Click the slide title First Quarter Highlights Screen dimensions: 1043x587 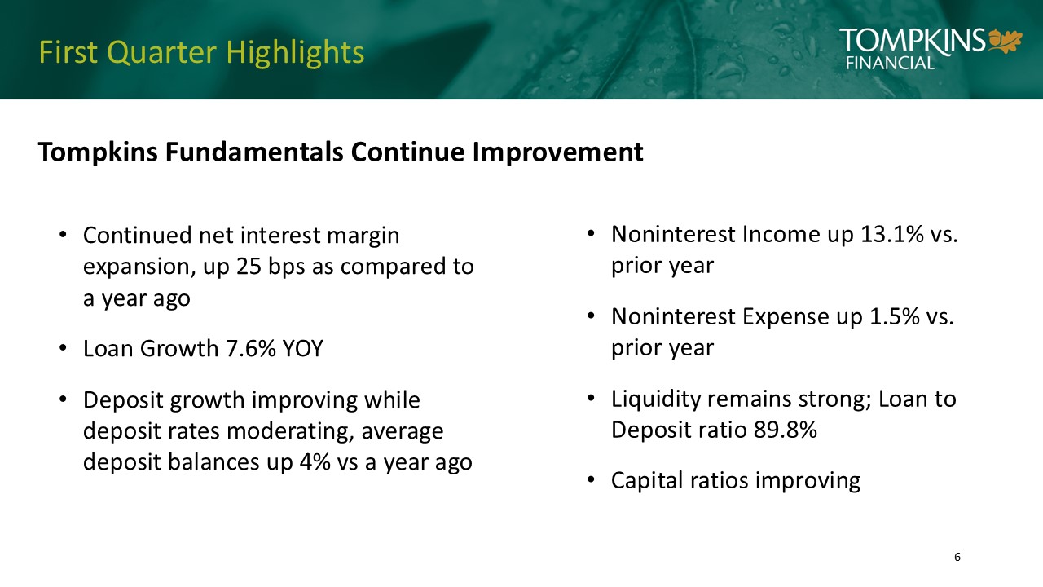pyautogui.click(x=201, y=52)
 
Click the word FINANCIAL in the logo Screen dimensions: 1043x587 pyautogui.click(x=890, y=63)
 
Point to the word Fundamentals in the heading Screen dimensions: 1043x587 pyautogui.click(x=254, y=152)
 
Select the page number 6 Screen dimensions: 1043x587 pyautogui.click(x=957, y=557)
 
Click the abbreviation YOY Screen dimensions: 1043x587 pyautogui.click(x=302, y=348)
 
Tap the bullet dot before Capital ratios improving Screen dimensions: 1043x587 pyautogui.click(x=591, y=480)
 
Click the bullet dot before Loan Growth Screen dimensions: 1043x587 pyautogui.click(x=63, y=348)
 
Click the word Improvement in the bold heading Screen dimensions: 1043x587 pyautogui.click(x=558, y=152)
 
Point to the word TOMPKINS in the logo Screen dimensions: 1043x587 pyautogui.click(x=913, y=40)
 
